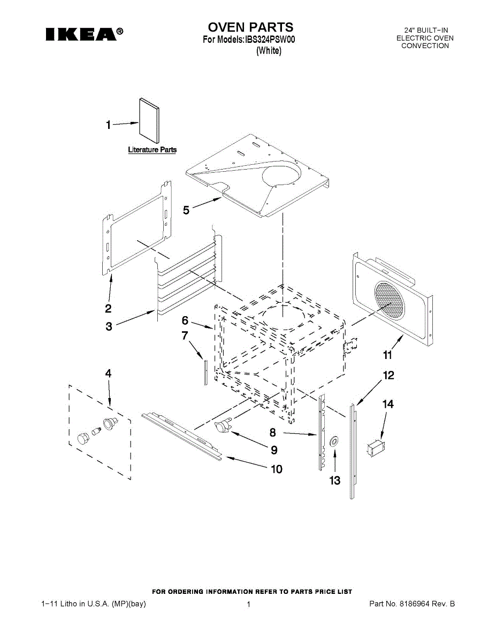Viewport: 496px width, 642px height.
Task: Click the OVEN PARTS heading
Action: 250,27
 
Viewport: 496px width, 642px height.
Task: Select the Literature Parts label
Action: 152,150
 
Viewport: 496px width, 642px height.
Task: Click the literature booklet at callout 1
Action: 149,120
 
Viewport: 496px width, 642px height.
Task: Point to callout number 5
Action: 186,211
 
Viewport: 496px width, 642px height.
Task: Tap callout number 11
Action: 388,355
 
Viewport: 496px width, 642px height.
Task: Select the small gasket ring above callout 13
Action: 334,441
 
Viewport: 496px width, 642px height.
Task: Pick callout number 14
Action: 387,404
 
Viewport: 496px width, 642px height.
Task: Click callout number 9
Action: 273,449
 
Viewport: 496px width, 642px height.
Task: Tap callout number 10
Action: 276,469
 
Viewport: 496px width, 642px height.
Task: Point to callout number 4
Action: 108,374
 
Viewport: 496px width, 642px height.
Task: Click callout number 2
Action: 108,308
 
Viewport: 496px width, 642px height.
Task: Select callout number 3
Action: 109,326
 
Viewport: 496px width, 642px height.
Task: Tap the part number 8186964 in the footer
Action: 418,604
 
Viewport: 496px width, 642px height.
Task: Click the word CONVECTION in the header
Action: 425,46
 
